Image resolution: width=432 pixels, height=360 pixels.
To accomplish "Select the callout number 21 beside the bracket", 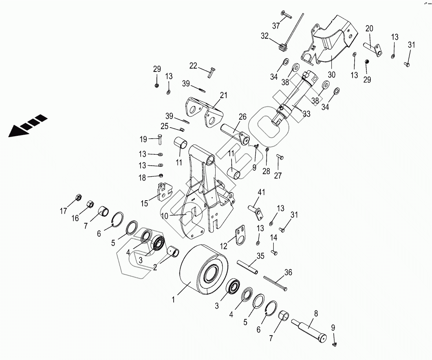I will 223,95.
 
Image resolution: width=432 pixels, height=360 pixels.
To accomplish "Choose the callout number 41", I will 261,192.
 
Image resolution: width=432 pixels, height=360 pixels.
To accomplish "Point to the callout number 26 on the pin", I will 242,117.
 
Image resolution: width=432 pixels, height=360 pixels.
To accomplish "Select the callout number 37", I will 276,26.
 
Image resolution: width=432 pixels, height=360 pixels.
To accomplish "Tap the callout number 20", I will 369,28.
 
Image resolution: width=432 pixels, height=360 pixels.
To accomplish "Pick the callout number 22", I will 193,66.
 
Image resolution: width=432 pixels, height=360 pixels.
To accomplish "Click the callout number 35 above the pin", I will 260,256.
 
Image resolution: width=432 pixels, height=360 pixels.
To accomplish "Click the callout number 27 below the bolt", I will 278,175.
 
